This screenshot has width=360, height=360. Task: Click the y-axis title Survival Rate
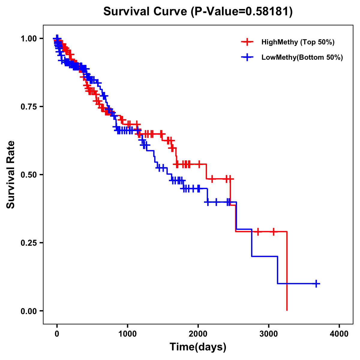click(x=11, y=175)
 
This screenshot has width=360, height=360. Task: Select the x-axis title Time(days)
click(x=198, y=347)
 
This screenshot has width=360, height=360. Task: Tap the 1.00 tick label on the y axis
click(x=28, y=39)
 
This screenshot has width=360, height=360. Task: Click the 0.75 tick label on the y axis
click(x=28, y=107)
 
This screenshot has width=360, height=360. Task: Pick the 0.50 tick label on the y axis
click(x=28, y=175)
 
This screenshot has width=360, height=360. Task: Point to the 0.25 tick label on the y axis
click(x=28, y=243)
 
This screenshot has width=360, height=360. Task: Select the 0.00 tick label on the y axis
click(x=28, y=311)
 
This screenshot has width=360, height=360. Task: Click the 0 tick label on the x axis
click(x=57, y=334)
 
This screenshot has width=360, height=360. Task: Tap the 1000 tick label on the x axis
click(x=127, y=334)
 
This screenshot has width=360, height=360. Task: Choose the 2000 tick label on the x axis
click(x=198, y=334)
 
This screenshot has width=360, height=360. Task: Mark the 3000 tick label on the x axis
click(x=268, y=334)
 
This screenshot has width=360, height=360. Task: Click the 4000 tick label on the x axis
click(x=339, y=334)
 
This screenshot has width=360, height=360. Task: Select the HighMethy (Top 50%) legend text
click(x=298, y=42)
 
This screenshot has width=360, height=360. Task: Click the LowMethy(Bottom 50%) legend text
click(x=302, y=57)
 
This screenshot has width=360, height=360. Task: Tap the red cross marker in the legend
click(x=247, y=42)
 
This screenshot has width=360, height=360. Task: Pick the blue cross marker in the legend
click(x=247, y=57)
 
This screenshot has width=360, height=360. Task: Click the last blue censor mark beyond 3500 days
click(x=316, y=283)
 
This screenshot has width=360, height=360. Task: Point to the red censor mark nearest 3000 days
click(x=273, y=232)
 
